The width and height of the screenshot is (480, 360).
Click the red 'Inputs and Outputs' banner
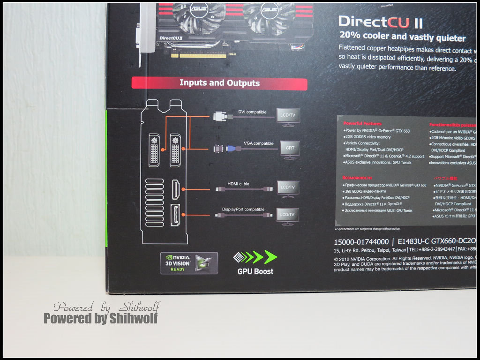tap(219, 83)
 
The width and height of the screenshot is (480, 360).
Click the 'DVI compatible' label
tap(252, 112)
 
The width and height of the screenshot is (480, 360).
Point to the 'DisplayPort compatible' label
tap(243, 209)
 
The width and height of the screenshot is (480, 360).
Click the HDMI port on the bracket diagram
tap(176, 189)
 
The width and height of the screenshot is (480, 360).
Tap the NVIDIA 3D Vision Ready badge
tap(189, 263)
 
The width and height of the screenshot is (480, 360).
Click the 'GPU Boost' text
tap(255, 271)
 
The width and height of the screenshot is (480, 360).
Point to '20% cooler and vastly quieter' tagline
tap(403, 37)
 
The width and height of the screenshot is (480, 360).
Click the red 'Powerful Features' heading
tap(362, 123)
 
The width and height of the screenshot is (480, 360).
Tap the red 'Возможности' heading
tap(357, 178)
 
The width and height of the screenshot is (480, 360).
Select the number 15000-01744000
tap(361, 242)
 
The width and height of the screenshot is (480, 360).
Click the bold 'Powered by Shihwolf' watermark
tap(101, 319)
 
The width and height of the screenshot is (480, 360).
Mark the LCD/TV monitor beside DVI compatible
tap(288, 116)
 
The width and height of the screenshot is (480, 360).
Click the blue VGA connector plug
tap(231, 149)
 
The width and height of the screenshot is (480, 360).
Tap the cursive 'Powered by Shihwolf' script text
tap(106, 307)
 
